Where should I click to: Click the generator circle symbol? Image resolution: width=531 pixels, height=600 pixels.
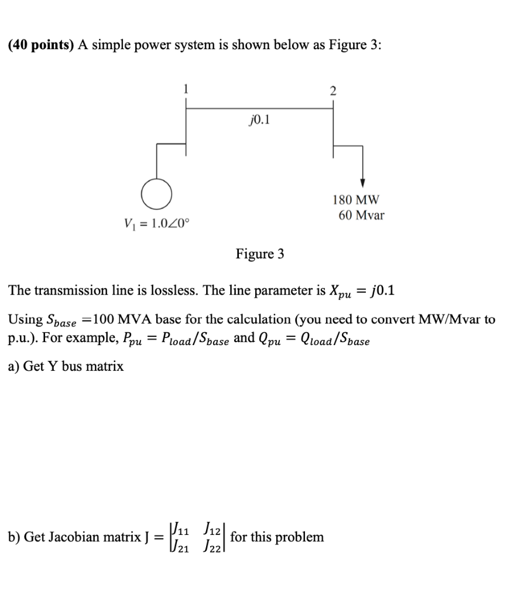pyautogui.click(x=156, y=194)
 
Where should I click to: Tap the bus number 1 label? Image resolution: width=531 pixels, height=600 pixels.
pyautogui.click(x=186, y=90)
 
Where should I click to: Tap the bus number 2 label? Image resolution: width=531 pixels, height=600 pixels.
pyautogui.click(x=333, y=90)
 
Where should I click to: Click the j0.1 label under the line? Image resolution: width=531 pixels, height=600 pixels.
pyautogui.click(x=258, y=121)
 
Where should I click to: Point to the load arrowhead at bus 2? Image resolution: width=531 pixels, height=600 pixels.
pyautogui.click(x=363, y=182)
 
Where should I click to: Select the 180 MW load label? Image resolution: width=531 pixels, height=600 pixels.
pyautogui.click(x=356, y=200)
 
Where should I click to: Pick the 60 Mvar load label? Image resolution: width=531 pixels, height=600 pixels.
pyautogui.click(x=361, y=215)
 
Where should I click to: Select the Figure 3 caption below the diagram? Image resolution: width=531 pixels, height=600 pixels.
pyautogui.click(x=260, y=254)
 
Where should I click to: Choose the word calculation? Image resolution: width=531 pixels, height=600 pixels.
pyautogui.click(x=262, y=320)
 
